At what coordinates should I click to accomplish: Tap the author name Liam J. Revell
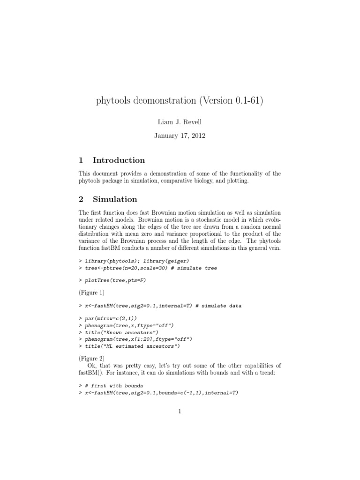180,122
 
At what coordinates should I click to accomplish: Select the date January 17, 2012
180,136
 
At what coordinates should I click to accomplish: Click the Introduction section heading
119,160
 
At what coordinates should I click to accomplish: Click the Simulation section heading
115,199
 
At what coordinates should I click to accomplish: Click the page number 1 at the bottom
180,412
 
